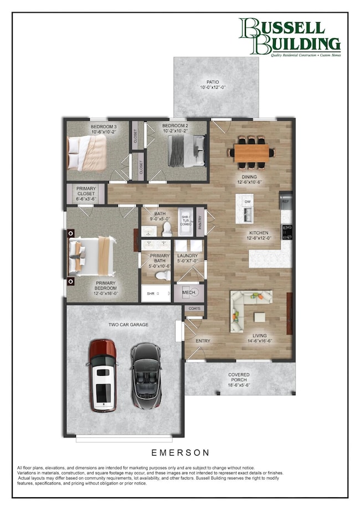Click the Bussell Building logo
coord(289,38)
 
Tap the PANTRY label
coord(200,222)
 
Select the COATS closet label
coord(194,308)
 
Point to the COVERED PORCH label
coord(239,379)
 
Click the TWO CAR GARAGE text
coord(128,324)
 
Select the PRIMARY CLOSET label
coord(86,192)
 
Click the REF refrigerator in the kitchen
coord(286,201)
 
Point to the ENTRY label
coord(203,340)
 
